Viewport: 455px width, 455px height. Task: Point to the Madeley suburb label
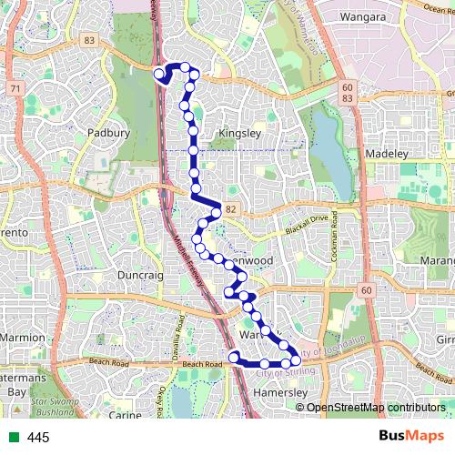tap(387, 154)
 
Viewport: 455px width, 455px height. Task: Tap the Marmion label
tap(22, 338)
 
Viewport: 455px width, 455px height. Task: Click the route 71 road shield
tap(15, 87)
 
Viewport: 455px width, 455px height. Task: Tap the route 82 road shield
tap(232, 209)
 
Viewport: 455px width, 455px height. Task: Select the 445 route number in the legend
tap(38, 438)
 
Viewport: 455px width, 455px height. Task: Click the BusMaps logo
tap(411, 437)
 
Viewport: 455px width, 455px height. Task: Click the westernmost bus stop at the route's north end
tap(159, 74)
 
